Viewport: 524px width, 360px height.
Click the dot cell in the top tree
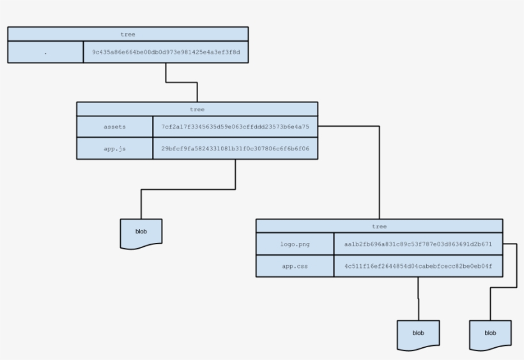coord(45,52)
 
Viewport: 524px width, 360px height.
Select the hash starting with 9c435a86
coord(166,52)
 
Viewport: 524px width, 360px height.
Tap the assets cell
coord(114,127)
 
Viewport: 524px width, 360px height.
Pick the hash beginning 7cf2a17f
coord(235,127)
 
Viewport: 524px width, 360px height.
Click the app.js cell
coord(114,149)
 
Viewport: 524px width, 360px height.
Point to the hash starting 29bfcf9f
coord(235,149)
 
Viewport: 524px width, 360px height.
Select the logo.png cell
coord(295,244)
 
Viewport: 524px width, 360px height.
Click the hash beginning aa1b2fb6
coord(418,244)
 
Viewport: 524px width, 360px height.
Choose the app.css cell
coord(295,266)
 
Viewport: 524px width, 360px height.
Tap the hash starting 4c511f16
coord(418,266)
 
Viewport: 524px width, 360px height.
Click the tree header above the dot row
coord(128,35)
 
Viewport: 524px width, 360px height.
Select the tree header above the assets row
coord(197,109)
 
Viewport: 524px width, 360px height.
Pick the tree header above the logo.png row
coord(379,226)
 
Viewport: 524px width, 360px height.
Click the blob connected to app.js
coord(141,233)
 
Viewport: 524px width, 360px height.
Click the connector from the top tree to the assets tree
coord(181,82)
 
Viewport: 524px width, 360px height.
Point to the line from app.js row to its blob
coord(188,189)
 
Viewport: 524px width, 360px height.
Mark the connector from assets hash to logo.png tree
coord(379,173)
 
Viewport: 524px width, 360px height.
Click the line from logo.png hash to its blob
coord(516,265)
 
